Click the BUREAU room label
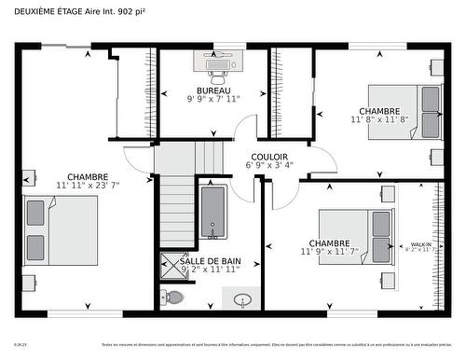(x=213, y=90)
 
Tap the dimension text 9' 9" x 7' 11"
(x=213, y=98)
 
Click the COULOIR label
(x=269, y=157)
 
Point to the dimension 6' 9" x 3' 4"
(x=269, y=165)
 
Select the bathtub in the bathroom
(x=212, y=212)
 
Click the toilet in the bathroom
(x=172, y=298)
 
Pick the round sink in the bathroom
(x=243, y=300)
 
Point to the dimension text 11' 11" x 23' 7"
(x=88, y=185)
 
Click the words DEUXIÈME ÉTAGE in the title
(x=48, y=11)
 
